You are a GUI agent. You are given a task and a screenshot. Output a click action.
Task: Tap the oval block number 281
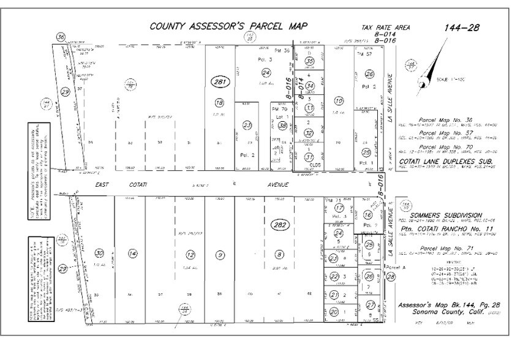pos(219,82)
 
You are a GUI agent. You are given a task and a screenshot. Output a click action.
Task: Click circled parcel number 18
pos(219,102)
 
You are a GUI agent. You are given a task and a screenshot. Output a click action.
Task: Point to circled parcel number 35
pos(310,61)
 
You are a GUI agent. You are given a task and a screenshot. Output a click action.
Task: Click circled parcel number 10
pos(339,101)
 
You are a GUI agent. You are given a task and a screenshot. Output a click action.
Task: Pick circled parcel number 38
pos(282,126)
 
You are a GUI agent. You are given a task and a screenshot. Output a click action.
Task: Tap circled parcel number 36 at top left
pos(60,37)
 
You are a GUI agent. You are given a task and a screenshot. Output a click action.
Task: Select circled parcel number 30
pos(99,253)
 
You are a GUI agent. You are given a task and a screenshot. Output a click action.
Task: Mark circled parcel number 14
pos(131,253)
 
